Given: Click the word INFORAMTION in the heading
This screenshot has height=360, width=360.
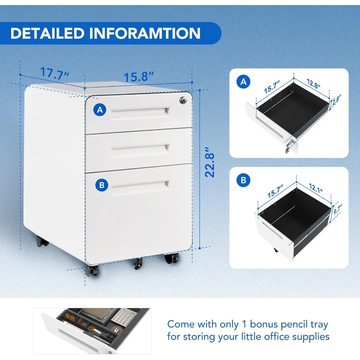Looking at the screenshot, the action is (146, 33).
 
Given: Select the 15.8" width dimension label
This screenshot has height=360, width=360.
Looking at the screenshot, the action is (139, 77).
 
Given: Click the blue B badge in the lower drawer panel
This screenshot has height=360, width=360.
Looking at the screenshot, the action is (244, 180).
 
